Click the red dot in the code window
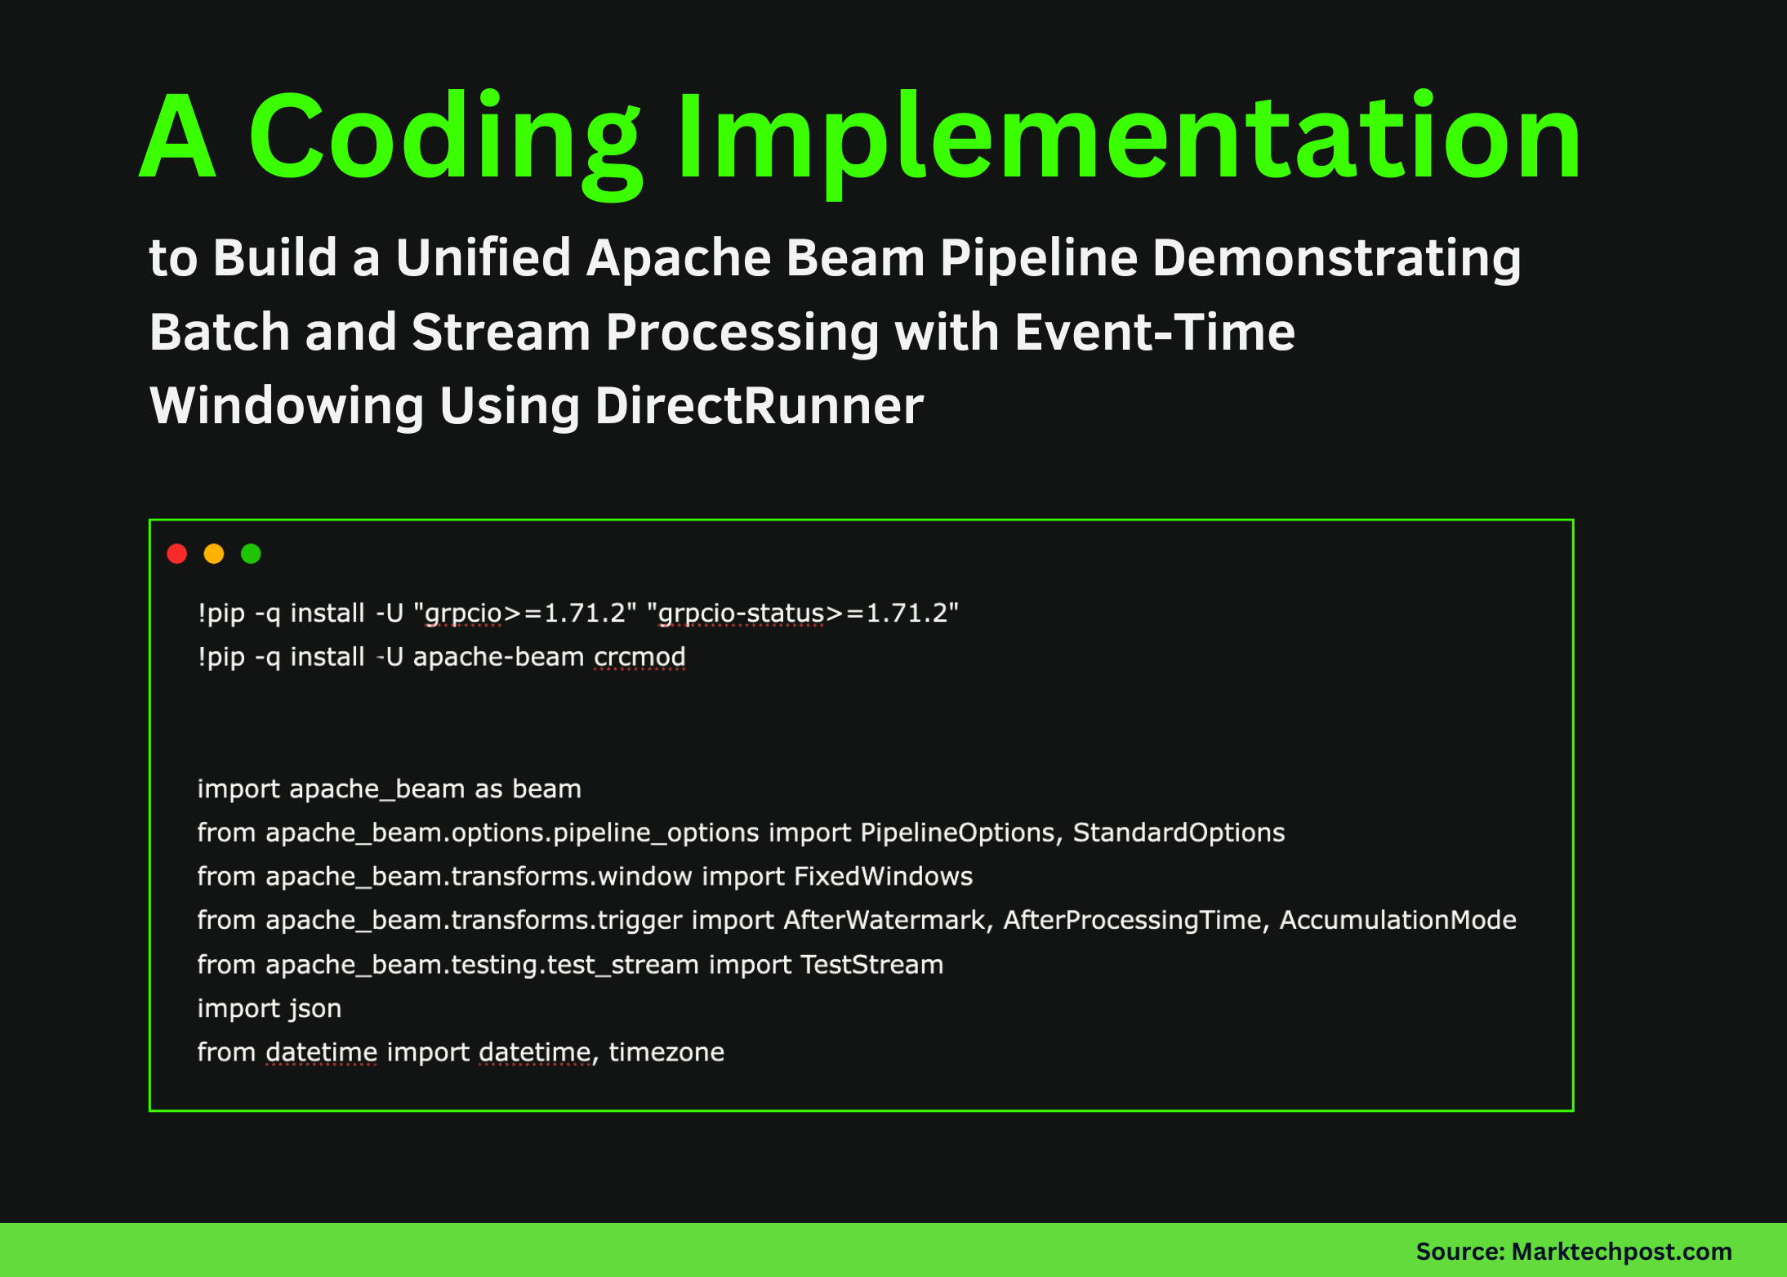177,554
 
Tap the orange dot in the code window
214,554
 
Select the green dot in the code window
251,554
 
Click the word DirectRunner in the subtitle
759,406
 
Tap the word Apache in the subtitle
678,258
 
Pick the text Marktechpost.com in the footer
1621,1251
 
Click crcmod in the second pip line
639,657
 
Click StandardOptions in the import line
1179,833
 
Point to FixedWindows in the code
883,877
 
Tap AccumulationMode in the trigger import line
1397,920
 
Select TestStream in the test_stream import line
871,965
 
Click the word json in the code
315,1009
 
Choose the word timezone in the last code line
666,1052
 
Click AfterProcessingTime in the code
1132,920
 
